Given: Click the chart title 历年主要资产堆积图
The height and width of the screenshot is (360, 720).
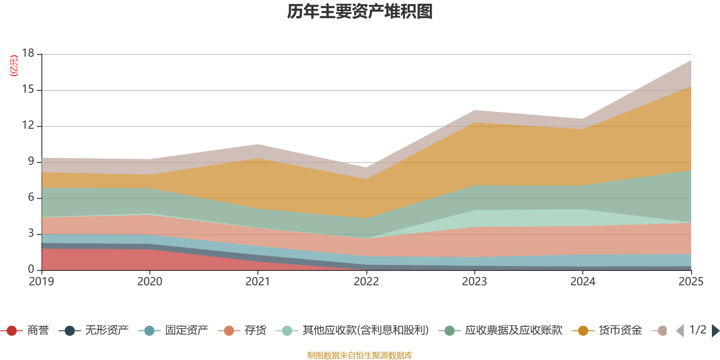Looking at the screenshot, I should pyautogui.click(x=360, y=12).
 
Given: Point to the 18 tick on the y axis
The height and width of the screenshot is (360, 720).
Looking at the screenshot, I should pyautogui.click(x=28, y=54).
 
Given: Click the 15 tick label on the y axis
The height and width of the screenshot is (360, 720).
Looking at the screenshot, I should pyautogui.click(x=28, y=90).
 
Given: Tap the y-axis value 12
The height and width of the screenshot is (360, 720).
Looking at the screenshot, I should pyautogui.click(x=28, y=126).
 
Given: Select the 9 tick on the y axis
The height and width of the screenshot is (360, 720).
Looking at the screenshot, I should pyautogui.click(x=31, y=162).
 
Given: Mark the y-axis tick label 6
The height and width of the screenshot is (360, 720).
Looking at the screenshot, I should pyautogui.click(x=31, y=198).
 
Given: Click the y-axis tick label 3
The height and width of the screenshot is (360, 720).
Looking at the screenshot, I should pyautogui.click(x=31, y=234).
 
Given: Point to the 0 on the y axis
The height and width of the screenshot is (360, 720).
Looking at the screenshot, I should pyautogui.click(x=31, y=270).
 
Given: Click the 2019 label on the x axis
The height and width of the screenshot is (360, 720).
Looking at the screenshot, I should pyautogui.click(x=41, y=282).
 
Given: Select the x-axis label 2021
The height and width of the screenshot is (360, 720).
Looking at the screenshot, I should pyautogui.click(x=258, y=282).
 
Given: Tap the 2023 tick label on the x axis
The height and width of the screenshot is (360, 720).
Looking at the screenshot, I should pyautogui.click(x=474, y=282).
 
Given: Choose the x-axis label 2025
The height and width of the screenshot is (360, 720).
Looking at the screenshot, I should pyautogui.click(x=691, y=282).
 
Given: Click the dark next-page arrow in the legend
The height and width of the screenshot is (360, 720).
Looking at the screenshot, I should pyautogui.click(x=715, y=331).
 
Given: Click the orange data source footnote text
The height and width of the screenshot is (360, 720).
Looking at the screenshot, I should pyautogui.click(x=360, y=355).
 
